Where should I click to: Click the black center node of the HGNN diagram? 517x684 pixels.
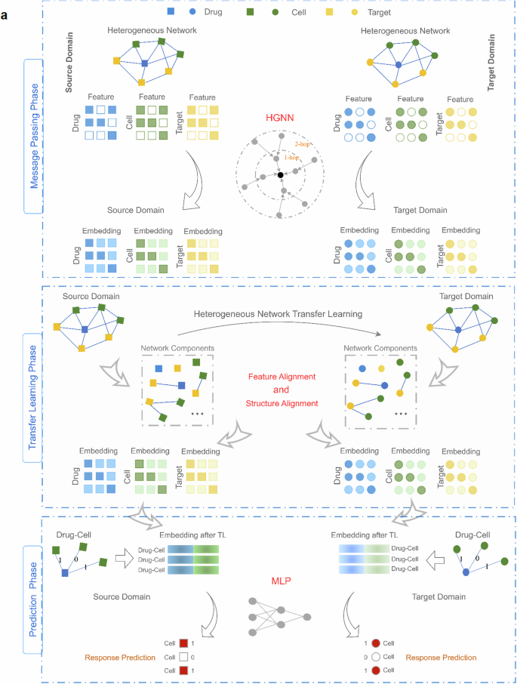280,175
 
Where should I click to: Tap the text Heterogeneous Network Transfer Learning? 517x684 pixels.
279,313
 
